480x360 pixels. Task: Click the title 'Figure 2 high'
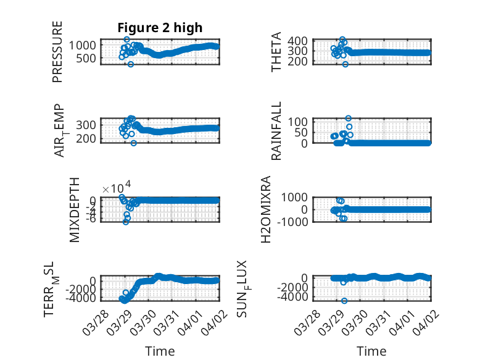(160, 28)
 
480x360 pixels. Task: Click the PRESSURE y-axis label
(57, 52)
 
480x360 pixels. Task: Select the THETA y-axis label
(277, 52)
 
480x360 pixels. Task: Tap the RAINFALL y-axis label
(277, 132)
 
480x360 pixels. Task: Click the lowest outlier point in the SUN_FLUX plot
(344, 301)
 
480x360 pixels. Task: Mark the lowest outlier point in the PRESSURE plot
(131, 64)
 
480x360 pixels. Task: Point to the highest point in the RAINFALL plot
(349, 118)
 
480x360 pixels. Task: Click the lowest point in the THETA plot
(346, 64)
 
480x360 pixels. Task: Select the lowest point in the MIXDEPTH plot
(126, 221)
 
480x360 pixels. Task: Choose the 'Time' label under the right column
(371, 351)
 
